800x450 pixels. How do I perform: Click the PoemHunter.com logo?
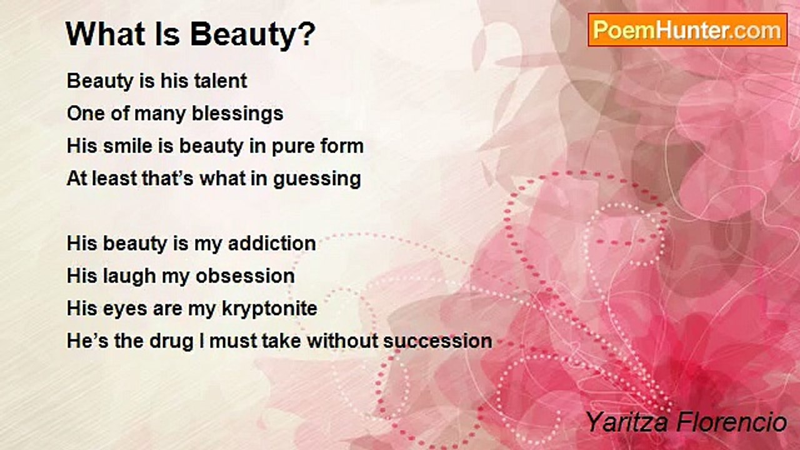[x=687, y=30]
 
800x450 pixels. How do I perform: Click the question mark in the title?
[x=307, y=34]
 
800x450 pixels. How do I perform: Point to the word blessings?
[x=237, y=114]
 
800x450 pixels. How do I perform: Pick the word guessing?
[x=317, y=179]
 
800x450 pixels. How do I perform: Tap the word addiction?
[x=272, y=244]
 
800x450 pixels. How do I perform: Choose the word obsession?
[x=245, y=276]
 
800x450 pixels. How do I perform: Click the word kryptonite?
[x=269, y=309]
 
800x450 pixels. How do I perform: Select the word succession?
[x=437, y=341]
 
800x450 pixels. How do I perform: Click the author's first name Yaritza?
[x=627, y=423]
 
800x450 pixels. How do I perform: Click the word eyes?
[x=125, y=309]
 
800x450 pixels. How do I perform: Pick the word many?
[x=160, y=114]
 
